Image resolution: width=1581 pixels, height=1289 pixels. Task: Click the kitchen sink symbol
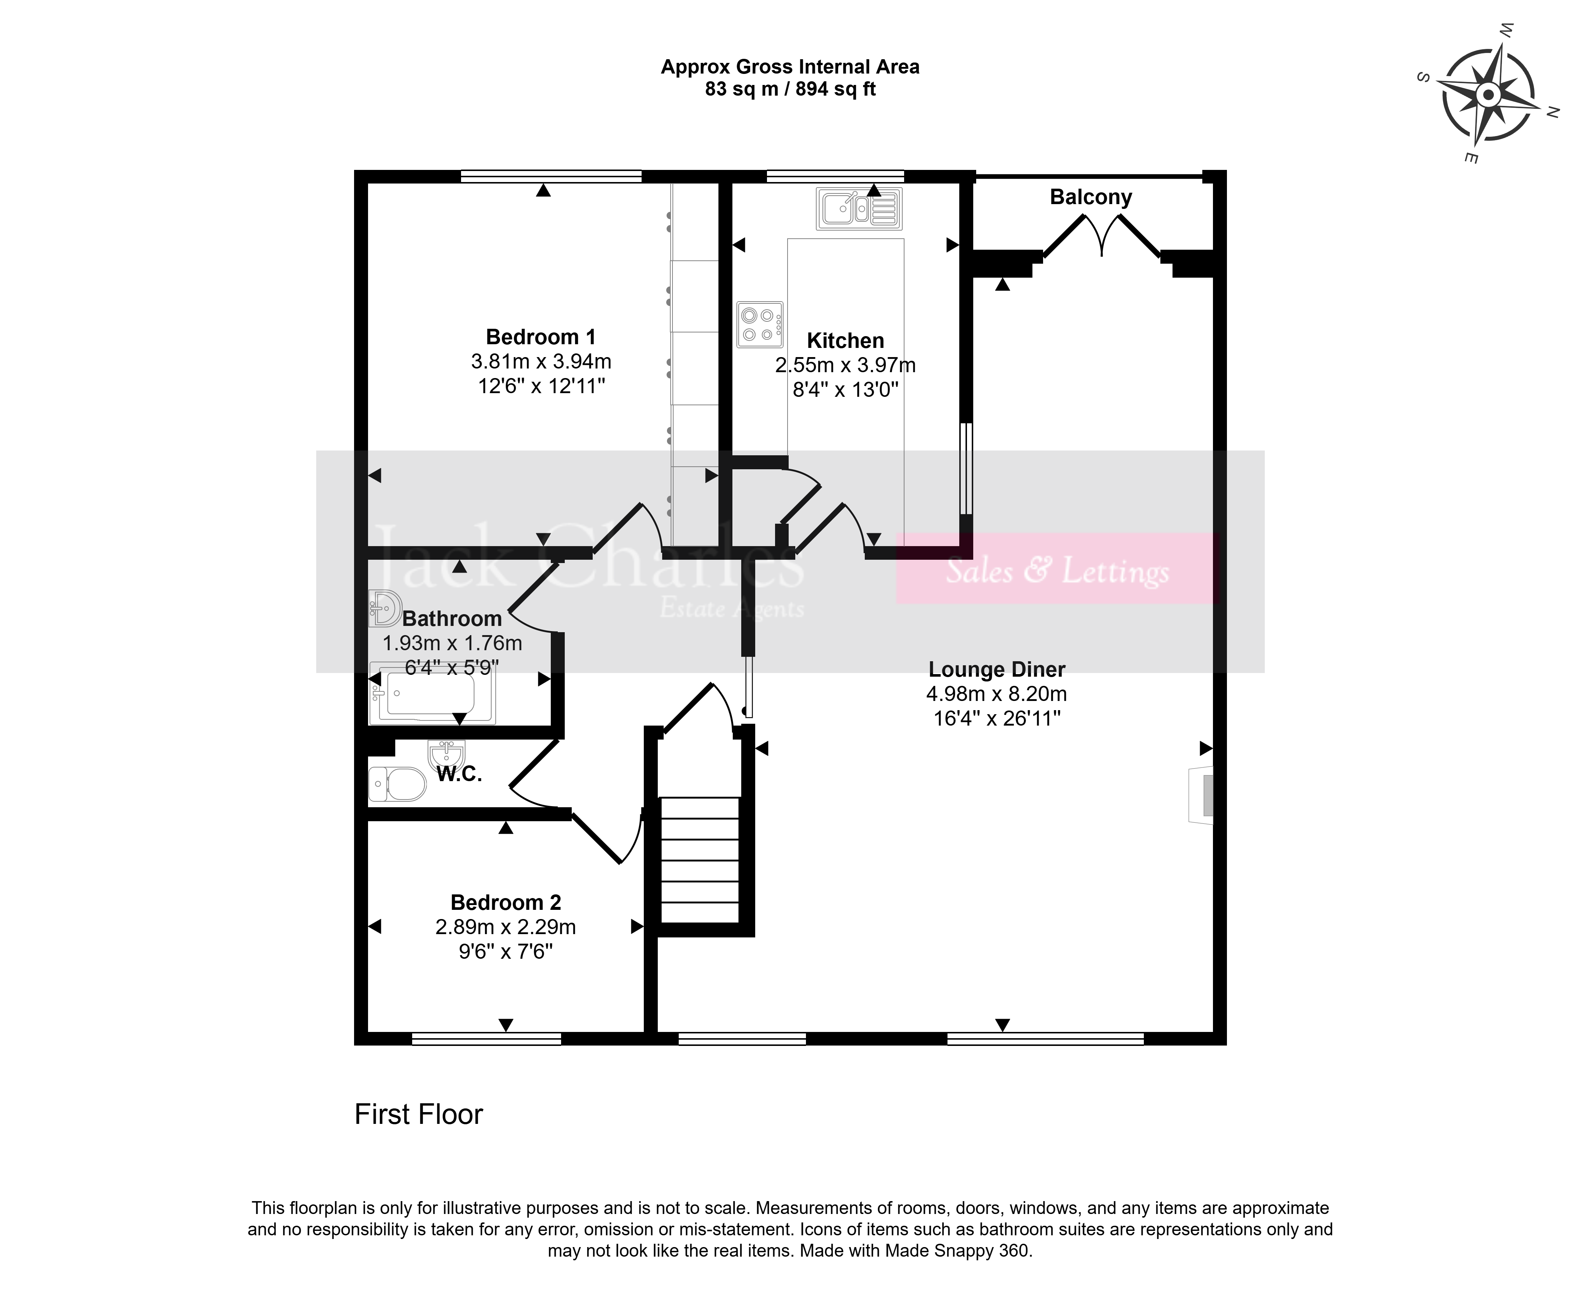tap(859, 209)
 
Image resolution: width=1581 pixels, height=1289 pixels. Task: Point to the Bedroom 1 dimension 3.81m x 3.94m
tap(541, 362)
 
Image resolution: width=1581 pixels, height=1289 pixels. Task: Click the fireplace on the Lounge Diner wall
tap(1201, 795)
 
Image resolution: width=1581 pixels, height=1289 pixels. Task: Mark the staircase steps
tap(700, 860)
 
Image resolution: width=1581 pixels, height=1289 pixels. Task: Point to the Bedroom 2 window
tap(486, 1039)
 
